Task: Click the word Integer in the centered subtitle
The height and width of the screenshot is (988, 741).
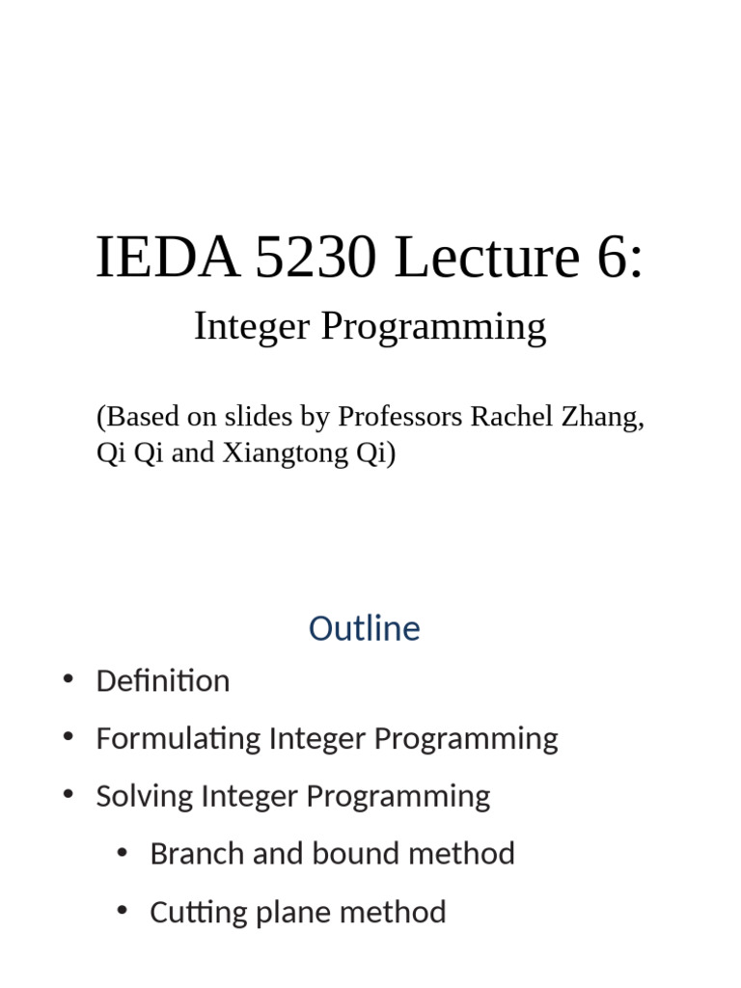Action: pos(251,328)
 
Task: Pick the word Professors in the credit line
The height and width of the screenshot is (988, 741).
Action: pos(399,418)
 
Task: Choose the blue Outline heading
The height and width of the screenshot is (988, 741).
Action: pos(365,629)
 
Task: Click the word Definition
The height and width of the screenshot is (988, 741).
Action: pos(163,681)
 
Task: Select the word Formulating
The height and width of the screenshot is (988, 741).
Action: pos(178,740)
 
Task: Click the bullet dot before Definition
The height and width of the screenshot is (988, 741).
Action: pos(68,679)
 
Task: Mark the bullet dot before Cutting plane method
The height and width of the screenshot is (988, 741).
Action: pos(122,910)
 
